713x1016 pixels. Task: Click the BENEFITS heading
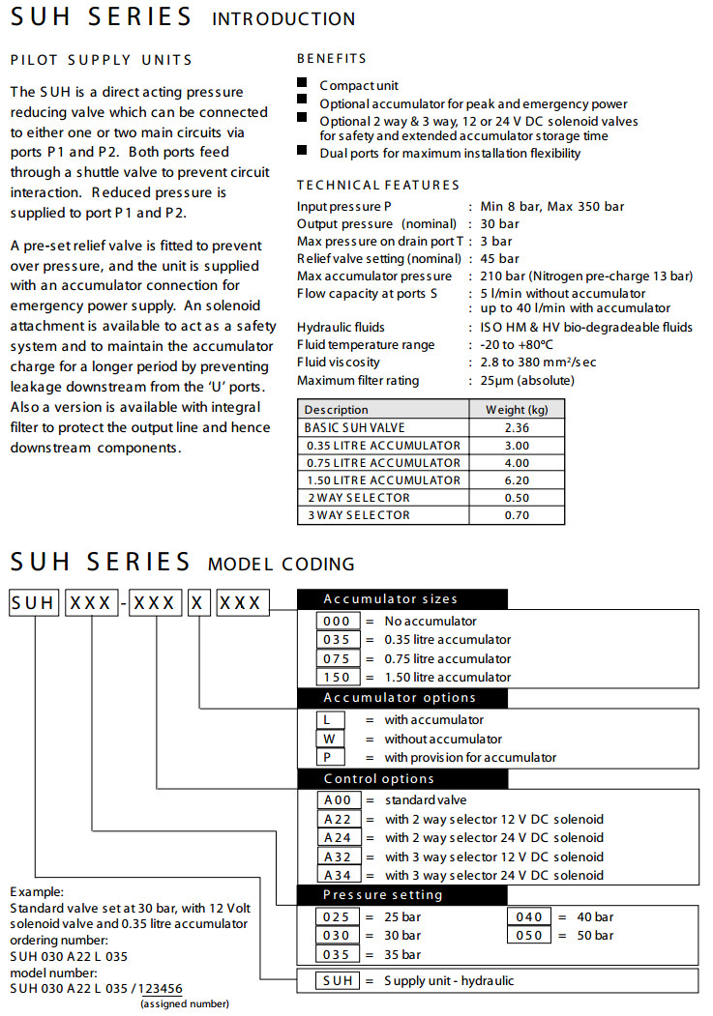point(332,59)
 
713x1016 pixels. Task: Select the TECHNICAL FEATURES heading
point(378,185)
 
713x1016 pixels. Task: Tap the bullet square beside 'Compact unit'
point(303,84)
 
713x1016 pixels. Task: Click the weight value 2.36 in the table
point(518,427)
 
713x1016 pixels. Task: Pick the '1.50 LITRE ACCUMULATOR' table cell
point(382,479)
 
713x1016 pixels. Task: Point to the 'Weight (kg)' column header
point(518,410)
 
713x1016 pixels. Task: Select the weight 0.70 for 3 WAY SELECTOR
point(518,515)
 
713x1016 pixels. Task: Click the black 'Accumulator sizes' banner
point(401,598)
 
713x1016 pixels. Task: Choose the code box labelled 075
point(338,658)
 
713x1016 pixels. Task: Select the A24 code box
point(338,837)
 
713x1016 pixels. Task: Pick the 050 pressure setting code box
point(529,935)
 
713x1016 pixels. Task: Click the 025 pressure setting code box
point(338,916)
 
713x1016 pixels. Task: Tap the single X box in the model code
point(198,603)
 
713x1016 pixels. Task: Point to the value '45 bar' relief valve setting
point(496,258)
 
